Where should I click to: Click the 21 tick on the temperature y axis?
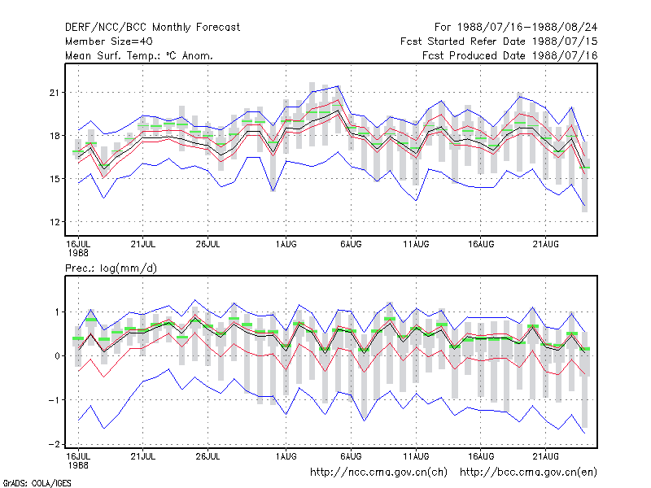54,93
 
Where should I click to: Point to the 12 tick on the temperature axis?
54,222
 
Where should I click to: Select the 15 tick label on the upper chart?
54,179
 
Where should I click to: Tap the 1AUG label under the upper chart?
286,244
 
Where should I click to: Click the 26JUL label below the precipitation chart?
208,456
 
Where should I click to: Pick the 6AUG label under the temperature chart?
351,244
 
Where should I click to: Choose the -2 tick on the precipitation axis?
55,444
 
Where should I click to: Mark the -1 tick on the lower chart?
55,400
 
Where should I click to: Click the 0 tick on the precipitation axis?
57,356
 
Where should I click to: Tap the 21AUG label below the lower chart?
545,456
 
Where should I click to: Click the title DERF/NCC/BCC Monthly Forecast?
152,28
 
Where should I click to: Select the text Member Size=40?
109,41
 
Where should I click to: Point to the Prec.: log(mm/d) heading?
111,268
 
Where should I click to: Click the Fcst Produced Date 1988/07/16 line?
510,55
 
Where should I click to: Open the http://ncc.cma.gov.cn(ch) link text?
378,473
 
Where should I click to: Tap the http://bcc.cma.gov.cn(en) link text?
528,473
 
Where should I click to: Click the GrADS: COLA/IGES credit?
37,483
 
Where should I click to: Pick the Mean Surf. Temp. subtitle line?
139,55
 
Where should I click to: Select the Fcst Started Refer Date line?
499,41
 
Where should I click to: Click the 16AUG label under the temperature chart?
481,244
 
